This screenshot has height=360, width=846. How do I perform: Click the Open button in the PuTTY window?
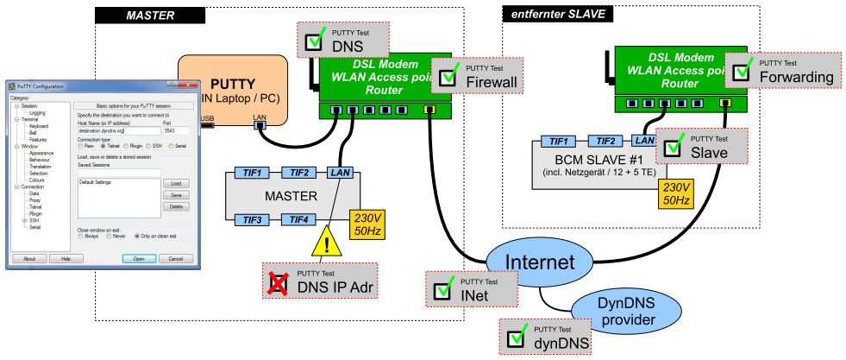coord(139,258)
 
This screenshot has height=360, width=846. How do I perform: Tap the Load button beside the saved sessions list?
coord(175,184)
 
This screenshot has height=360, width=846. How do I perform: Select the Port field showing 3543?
coord(175,131)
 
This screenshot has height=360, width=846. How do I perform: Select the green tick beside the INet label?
coord(444,290)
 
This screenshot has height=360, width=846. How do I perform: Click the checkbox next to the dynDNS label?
coord(517,338)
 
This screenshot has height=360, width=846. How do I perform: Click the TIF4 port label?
coord(299,220)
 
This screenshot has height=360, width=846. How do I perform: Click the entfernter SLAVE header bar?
coord(557,15)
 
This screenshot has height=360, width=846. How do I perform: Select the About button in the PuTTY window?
coord(28,258)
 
